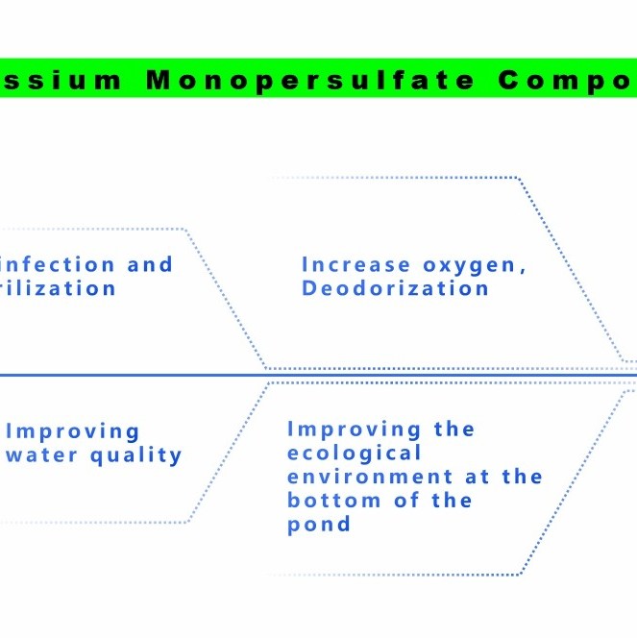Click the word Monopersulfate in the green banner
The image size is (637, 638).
click(310, 80)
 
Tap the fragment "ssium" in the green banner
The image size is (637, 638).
click(61, 80)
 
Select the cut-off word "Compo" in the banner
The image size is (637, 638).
click(567, 80)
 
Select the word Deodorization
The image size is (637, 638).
click(396, 288)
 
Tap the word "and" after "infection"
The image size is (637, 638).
click(150, 264)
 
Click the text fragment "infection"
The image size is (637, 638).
click(60, 264)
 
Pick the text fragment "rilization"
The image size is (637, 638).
click(58, 288)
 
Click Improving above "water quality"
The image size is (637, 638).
click(73, 432)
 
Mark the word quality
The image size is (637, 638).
click(136, 455)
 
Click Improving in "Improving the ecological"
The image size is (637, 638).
click(355, 429)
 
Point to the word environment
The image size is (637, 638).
click(370, 477)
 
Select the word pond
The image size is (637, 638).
click(319, 525)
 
